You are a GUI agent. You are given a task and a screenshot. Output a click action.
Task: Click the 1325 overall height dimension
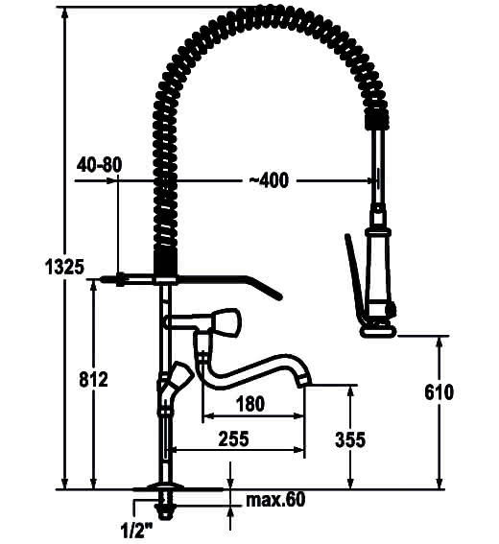click(65, 267)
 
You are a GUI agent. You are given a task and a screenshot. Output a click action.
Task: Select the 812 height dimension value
click(93, 379)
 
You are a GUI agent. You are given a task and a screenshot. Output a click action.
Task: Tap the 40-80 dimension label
click(100, 164)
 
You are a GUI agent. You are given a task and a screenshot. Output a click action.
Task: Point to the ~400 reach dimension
click(269, 180)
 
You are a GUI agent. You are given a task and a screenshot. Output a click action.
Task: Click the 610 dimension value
click(439, 392)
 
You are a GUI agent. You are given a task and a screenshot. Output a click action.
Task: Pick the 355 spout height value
click(350, 439)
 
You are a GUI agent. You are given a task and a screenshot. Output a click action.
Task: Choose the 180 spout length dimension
click(250, 404)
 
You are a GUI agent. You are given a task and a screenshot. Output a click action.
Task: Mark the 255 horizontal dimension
click(233, 438)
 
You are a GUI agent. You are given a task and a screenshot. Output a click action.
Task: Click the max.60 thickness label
click(275, 500)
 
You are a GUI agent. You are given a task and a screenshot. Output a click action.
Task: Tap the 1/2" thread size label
click(136, 531)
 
